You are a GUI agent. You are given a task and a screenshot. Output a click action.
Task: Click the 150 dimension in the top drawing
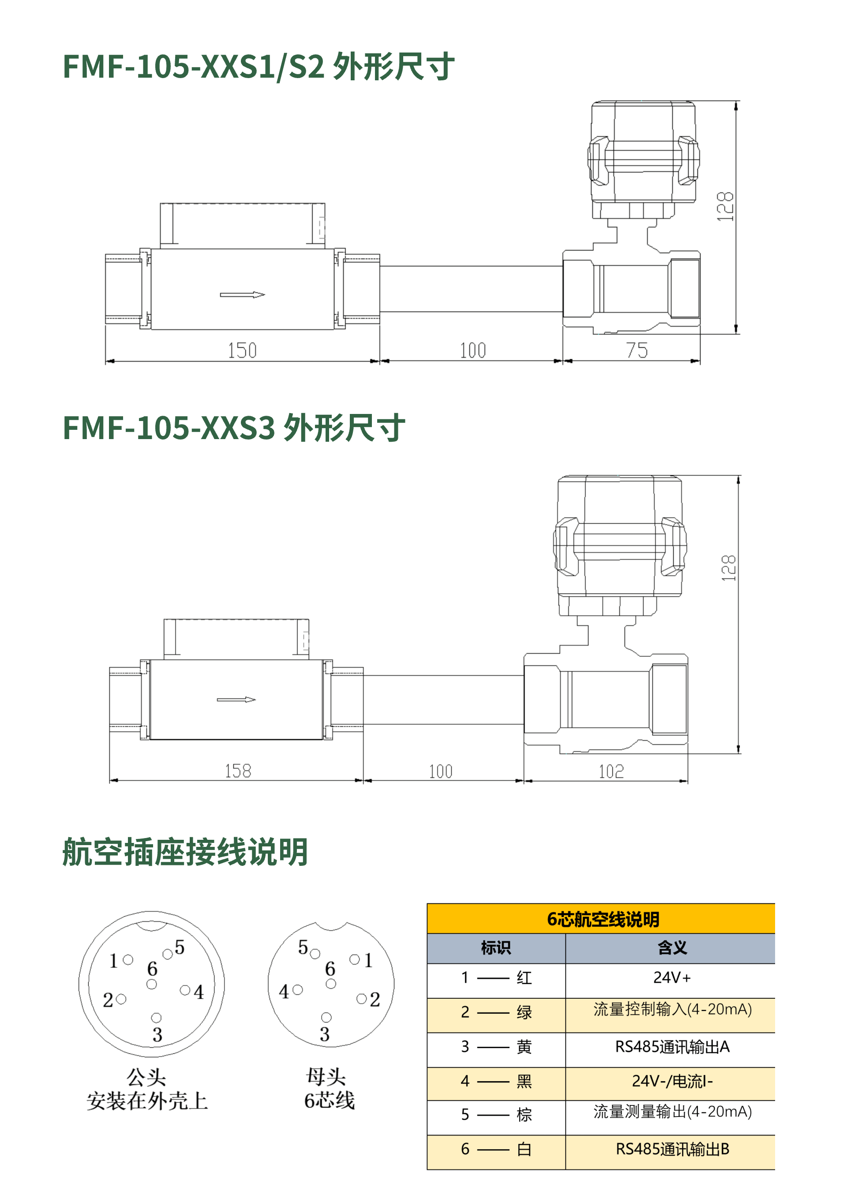(x=242, y=350)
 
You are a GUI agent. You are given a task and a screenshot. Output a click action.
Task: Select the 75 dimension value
(x=637, y=350)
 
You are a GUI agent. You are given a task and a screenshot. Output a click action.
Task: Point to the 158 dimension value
(x=238, y=771)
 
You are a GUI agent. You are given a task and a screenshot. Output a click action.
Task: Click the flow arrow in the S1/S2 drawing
(x=243, y=295)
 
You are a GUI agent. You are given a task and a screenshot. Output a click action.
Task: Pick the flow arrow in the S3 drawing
(x=236, y=699)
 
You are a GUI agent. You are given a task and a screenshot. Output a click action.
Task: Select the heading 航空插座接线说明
(x=185, y=852)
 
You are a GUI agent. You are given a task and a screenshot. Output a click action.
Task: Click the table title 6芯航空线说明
(x=603, y=919)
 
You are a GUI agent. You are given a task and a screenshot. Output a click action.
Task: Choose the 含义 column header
(x=672, y=947)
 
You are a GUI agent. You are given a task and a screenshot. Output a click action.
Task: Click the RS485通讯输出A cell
(x=672, y=1047)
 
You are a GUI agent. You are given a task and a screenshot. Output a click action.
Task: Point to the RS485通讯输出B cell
(x=672, y=1149)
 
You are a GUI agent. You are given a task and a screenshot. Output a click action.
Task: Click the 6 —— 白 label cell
(x=496, y=1149)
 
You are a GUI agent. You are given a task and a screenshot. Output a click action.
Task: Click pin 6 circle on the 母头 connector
(x=331, y=984)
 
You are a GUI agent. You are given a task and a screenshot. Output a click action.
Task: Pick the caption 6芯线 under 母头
(x=330, y=1100)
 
